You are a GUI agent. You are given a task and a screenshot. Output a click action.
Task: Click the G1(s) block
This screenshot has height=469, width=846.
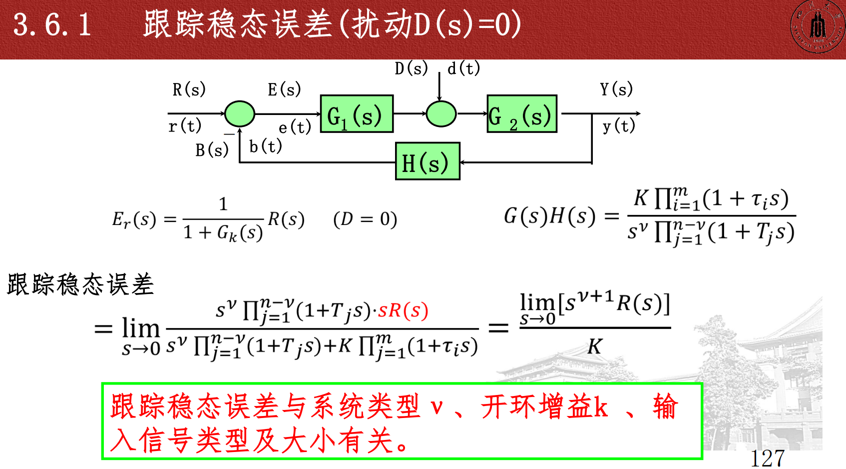pos(357,114)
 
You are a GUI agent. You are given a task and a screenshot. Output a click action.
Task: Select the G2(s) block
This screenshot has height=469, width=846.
pos(522,114)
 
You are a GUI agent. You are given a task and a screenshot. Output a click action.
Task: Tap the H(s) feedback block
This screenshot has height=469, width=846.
pos(427,161)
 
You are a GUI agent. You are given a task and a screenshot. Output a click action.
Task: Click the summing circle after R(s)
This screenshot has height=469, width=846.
pos(240,114)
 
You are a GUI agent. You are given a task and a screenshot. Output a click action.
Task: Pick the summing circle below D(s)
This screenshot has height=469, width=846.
pos(441,114)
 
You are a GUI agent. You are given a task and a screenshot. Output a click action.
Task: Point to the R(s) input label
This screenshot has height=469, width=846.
pos(189,90)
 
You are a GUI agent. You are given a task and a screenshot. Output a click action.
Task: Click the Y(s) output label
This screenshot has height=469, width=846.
pos(616,89)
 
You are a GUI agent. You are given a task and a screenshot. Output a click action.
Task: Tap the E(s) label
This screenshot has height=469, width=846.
pos(284,90)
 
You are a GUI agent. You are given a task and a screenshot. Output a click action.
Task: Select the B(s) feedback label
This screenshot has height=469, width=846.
pos(212,150)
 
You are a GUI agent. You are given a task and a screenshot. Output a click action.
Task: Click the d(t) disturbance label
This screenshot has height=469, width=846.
pos(463,68)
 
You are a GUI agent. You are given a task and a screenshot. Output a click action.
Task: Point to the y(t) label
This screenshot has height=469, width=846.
pos(619,126)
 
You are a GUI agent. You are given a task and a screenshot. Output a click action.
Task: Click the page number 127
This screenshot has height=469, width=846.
pos(767,458)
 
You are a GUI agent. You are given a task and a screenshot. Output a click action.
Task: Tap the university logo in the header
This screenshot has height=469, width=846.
pos(818,27)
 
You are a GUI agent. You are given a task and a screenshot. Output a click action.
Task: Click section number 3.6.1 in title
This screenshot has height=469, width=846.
pos(52,24)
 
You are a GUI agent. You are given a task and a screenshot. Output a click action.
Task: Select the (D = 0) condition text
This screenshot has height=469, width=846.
pos(365,219)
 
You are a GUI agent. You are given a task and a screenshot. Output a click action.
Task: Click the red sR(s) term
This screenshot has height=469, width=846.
pos(403,310)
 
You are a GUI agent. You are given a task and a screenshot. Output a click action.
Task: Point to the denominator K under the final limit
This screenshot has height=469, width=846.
pos(594,346)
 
